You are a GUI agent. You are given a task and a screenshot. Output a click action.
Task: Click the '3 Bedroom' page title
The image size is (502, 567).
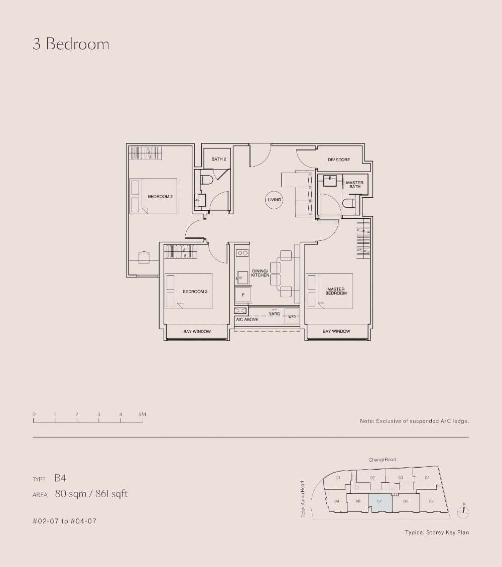pos(71,44)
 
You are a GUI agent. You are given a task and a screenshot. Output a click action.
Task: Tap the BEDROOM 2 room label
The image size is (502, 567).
pos(160,197)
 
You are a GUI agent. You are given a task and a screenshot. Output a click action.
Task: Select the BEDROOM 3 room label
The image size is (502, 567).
pos(195,292)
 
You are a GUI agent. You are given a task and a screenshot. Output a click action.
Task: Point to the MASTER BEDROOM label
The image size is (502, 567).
pos(336,291)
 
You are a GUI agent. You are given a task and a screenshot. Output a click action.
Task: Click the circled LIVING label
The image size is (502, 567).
pos(275,200)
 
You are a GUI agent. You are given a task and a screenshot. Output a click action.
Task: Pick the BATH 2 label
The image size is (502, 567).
pos(218,159)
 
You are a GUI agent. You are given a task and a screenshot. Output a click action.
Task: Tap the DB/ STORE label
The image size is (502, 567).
pos(339,160)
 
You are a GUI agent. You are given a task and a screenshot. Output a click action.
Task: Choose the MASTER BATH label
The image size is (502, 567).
pos(355,185)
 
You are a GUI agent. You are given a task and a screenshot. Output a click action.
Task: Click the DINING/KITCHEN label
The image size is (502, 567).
pos(261,273)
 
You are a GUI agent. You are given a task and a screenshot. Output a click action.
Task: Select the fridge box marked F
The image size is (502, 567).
pos(242,295)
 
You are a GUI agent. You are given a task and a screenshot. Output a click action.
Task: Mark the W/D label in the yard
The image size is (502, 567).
pos(292,317)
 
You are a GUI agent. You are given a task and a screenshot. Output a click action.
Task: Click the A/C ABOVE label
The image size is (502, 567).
pos(247,319)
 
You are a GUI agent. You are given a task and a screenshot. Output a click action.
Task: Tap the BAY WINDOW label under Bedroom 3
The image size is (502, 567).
pos(197,332)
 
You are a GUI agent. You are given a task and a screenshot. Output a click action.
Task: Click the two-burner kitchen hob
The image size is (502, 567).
pos(242,253)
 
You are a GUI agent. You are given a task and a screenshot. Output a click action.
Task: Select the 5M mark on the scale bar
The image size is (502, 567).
pos(142,414)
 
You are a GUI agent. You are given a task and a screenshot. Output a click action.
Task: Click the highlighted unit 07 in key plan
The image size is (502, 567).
pos(380,502)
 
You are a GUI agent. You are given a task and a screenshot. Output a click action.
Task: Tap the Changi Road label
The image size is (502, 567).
pos(382,460)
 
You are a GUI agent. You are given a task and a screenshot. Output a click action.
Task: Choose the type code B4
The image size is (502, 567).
pos(60,479)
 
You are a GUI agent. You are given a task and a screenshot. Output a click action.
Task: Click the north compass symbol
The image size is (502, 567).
pos(464,511)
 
